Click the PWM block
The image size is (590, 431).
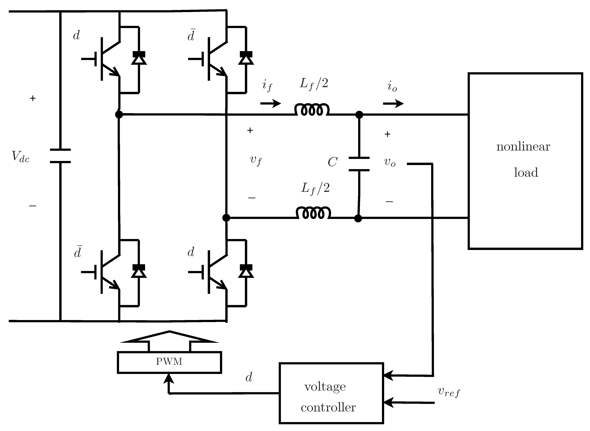point(169,362)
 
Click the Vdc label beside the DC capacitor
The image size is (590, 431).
point(21,157)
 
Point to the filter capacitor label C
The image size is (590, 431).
point(332,162)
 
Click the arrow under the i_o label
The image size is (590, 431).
point(393,104)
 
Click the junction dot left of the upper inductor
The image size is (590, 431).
point(119,114)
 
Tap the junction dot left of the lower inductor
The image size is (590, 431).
point(226,218)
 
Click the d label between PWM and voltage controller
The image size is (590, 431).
point(249,377)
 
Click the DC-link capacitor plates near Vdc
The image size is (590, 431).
point(60,156)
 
